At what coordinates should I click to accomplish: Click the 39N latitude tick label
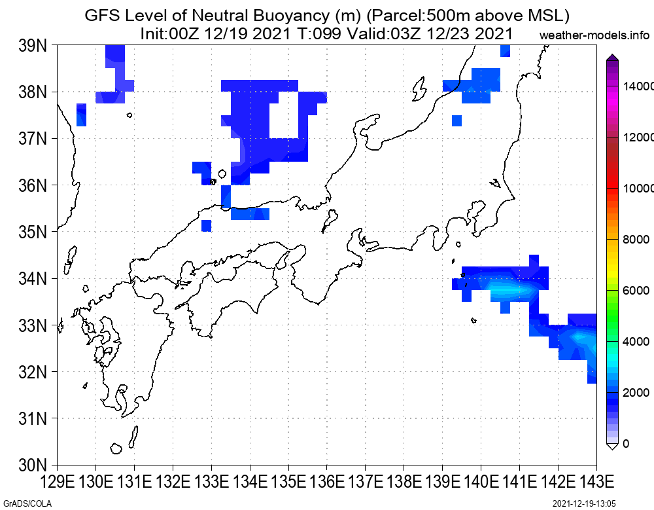[33, 46]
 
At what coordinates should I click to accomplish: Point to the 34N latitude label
[33, 278]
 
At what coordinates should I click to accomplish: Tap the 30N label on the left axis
[33, 464]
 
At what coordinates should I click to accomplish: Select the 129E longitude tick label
[57, 482]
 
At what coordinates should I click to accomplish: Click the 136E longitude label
[326, 482]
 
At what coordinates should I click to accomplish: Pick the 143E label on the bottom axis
[596, 482]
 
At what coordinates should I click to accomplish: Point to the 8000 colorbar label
[636, 240]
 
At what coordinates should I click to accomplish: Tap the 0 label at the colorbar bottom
[626, 444]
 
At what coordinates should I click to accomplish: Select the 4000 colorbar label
[636, 342]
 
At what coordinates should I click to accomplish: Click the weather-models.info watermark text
[594, 35]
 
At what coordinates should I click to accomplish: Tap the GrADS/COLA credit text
[27, 503]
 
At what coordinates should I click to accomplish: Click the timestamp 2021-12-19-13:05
[584, 503]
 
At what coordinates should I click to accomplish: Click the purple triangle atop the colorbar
[612, 57]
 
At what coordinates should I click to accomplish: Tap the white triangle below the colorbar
[612, 446]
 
